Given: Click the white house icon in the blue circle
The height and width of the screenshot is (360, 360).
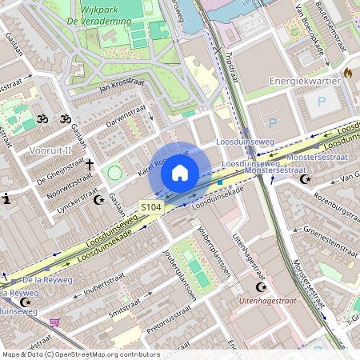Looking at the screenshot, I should pos(180,173).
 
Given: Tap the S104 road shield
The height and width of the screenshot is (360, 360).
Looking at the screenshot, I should pos(150,207).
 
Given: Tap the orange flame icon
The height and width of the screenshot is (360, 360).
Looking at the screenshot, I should pos(347,72).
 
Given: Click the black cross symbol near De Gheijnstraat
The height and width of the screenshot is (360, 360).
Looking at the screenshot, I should pos(90,165).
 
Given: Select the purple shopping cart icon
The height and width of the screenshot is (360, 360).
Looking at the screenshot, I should pos(54,324).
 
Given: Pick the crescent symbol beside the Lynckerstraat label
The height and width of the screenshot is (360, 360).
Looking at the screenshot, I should pos(99,200).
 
